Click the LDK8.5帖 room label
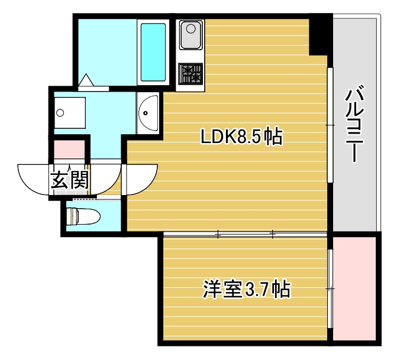(x=241, y=137)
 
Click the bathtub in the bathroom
(x=153, y=52)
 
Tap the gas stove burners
(x=191, y=74)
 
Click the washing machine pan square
(x=69, y=113)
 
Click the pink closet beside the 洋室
(x=354, y=288)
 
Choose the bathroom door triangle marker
(x=86, y=80)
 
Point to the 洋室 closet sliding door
(x=331, y=288)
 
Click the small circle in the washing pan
(x=59, y=113)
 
